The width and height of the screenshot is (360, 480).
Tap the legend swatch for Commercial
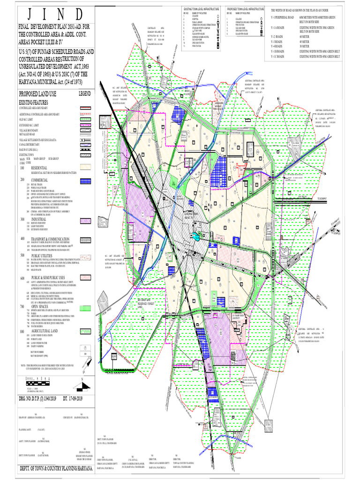coord(84,180)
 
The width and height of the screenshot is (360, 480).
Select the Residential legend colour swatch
coord(84,166)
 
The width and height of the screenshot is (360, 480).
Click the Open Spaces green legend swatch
coord(84,308)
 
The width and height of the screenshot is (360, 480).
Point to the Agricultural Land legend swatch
coord(84,333)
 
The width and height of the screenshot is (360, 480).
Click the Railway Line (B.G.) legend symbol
coord(84,149)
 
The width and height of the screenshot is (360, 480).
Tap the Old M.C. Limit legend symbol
coord(84,120)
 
